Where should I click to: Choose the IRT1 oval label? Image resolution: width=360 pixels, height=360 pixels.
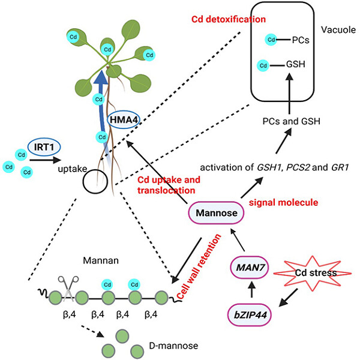[46, 146]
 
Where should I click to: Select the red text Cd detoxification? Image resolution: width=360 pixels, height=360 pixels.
[228, 19]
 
